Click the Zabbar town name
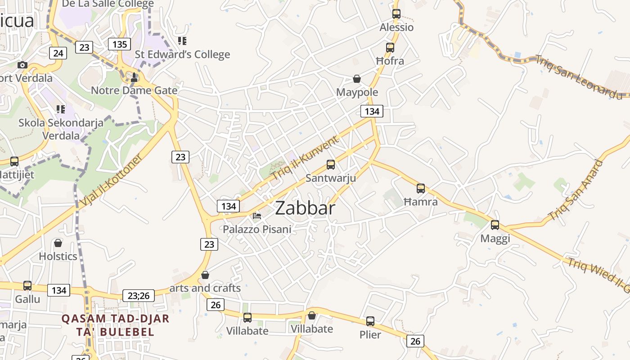[x=305, y=208]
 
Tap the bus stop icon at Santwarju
[x=331, y=165]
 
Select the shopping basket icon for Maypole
[x=357, y=79]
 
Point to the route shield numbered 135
[x=119, y=44]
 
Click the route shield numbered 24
[x=58, y=54]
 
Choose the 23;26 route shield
[x=139, y=296]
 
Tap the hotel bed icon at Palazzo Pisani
[x=257, y=216]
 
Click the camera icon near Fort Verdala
[x=22, y=65]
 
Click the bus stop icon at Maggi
[x=495, y=225]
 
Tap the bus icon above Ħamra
[x=421, y=189]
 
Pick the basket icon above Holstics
[x=58, y=243]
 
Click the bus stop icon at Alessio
[x=396, y=14]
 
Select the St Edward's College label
[x=182, y=54]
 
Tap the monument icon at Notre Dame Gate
[x=134, y=77]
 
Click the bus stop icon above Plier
[x=370, y=321]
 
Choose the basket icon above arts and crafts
[x=205, y=275]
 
